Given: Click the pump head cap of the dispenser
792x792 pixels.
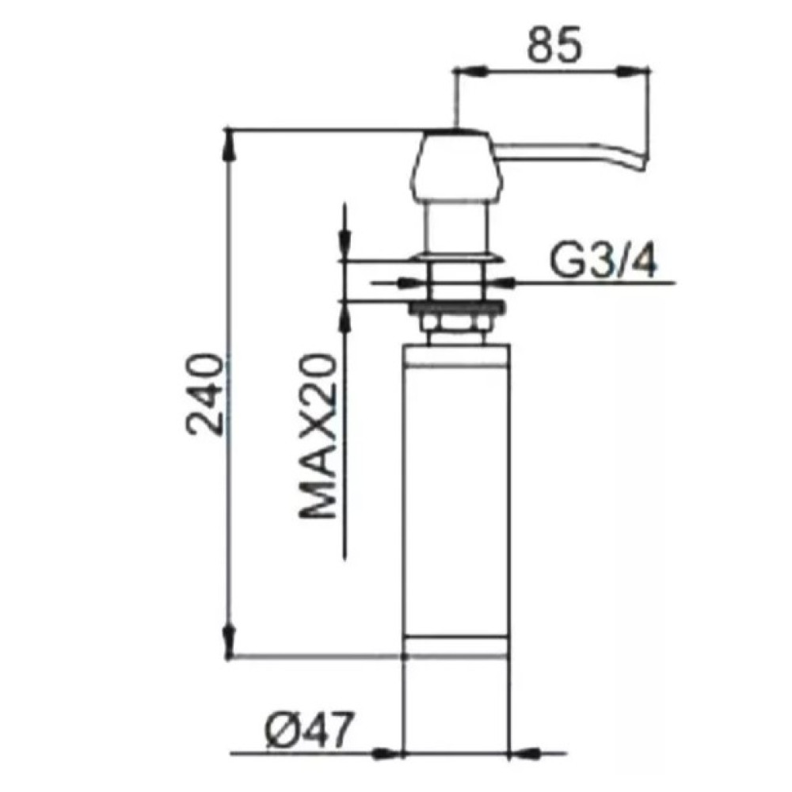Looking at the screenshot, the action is click(x=457, y=166).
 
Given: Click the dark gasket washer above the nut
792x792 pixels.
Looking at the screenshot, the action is click(x=457, y=307).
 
